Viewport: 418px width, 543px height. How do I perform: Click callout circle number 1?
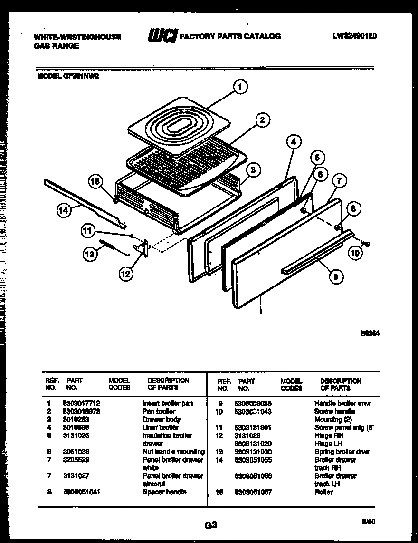pos(240,87)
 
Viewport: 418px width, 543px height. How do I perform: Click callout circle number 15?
pos(95,181)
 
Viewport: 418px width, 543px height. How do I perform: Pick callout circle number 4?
pos(294,141)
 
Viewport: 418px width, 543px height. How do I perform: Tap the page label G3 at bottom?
pos(211,525)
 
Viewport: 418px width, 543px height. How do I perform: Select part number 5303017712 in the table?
pos(81,403)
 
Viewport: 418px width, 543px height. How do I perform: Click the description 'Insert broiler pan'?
pos(168,403)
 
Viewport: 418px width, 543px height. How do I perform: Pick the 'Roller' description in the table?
pos(323,492)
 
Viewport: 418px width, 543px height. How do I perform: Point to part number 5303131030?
pos(253,452)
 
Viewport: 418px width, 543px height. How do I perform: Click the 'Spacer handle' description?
pos(164,492)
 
